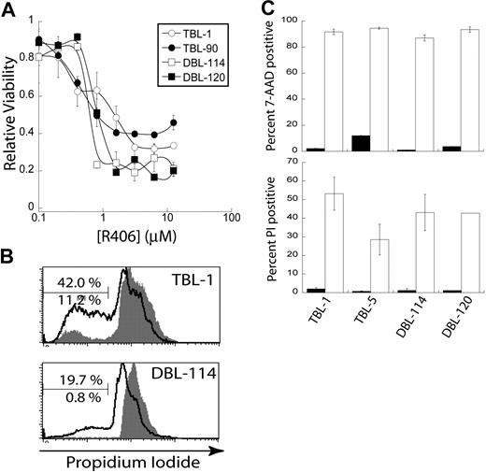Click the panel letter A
click(8, 9)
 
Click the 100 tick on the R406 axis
click(227, 216)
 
